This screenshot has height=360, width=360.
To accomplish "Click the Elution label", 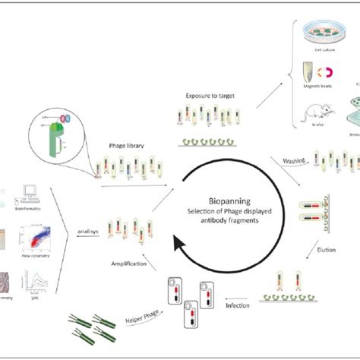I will coord(326,247).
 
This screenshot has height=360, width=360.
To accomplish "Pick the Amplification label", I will coord(126,258).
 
